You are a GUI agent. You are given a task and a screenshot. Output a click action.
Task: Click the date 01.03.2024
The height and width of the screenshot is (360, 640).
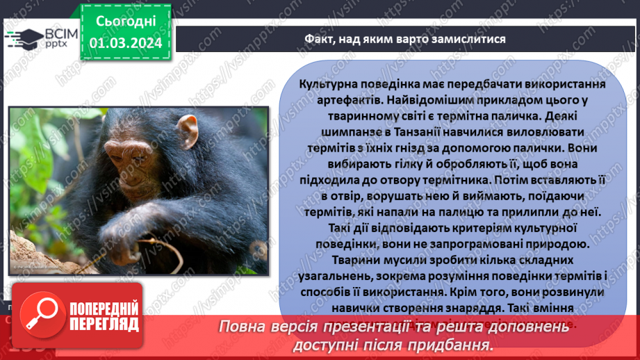pyautogui.click(x=126, y=43)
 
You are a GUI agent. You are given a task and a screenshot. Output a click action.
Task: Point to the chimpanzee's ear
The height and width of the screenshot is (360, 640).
pyautogui.click(x=188, y=133)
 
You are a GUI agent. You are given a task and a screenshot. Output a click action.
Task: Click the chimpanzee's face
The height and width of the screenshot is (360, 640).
pyautogui.click(x=139, y=167)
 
